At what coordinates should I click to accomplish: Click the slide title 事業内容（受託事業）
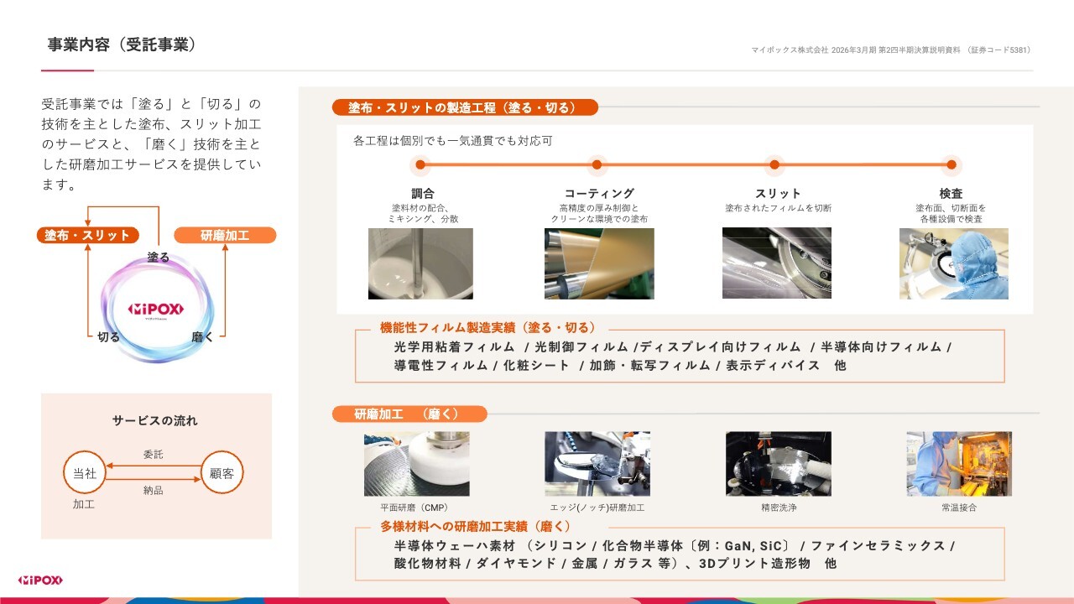tap(122, 44)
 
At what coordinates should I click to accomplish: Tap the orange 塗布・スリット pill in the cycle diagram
tap(88, 235)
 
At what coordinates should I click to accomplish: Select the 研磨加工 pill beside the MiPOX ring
tap(225, 235)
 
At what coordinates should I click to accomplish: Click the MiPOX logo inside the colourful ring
tap(155, 310)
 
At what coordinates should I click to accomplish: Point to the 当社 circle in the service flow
tap(85, 472)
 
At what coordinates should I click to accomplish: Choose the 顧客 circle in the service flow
tap(222, 472)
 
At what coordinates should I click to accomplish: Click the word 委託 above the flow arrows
tap(153, 454)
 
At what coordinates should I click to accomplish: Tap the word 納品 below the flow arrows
tap(153, 490)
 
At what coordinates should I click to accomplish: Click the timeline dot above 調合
tap(420, 165)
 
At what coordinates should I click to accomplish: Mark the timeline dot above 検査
tap(951, 165)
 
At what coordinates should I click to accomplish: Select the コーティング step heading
tap(599, 193)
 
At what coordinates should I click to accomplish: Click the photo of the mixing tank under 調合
tap(420, 263)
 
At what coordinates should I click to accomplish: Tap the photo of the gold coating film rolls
tap(599, 263)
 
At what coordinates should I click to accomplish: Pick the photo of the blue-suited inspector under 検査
tap(954, 263)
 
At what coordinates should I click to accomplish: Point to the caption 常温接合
tap(959, 508)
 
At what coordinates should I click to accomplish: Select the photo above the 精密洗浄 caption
tap(779, 464)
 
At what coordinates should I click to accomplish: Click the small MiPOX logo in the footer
tap(40, 581)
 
